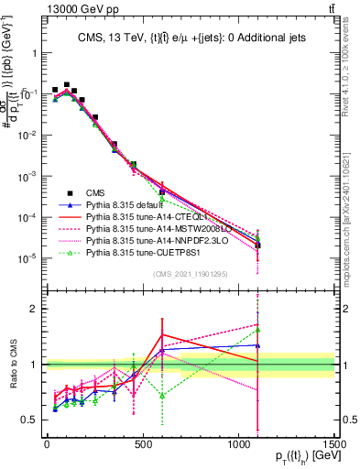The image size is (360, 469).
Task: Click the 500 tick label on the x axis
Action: click(143, 444)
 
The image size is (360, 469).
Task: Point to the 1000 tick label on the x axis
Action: click(238, 444)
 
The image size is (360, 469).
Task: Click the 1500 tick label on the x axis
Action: click(334, 444)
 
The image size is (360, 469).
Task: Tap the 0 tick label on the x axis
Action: click(47, 444)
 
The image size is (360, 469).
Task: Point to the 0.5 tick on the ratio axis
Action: click(31, 420)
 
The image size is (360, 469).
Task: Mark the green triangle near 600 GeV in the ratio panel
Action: click(162, 396)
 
